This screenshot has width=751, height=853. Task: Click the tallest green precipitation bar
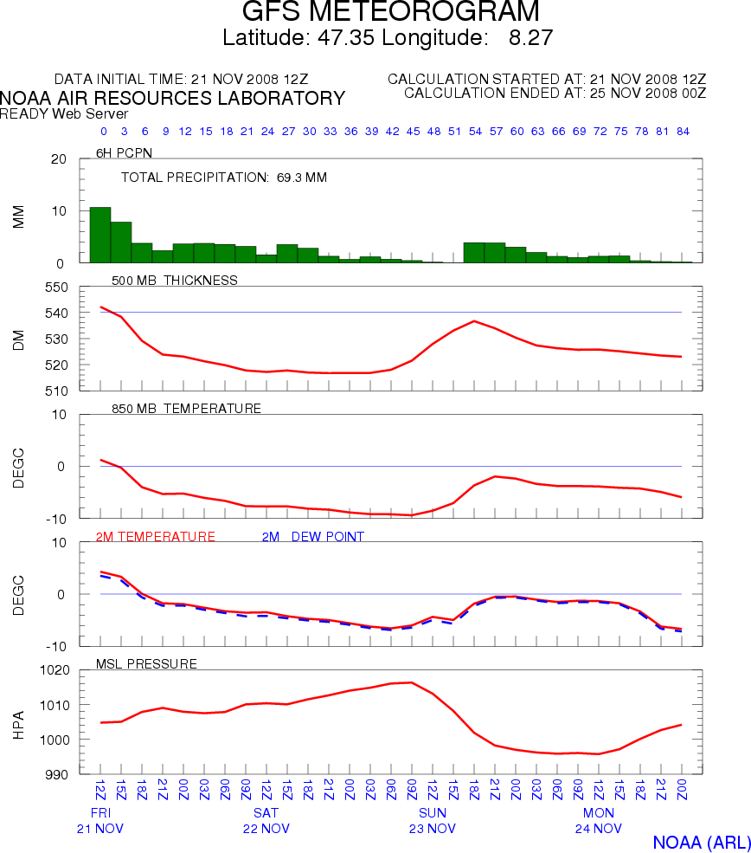(100, 235)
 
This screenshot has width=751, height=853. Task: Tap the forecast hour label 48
(433, 132)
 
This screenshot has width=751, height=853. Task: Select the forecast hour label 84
(683, 132)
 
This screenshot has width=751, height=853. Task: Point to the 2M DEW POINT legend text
(312, 537)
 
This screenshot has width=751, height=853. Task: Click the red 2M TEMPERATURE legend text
(155, 537)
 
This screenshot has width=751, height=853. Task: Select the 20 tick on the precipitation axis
(59, 159)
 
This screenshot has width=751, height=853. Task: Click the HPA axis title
(19, 722)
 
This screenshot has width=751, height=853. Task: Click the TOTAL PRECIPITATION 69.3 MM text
(223, 178)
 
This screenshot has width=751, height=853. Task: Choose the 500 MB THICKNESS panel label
(175, 281)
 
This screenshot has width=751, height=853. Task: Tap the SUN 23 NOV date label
(433, 821)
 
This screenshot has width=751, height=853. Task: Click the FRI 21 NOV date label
(100, 821)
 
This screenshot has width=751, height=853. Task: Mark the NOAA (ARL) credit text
(701, 843)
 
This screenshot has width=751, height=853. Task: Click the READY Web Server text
(64, 113)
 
